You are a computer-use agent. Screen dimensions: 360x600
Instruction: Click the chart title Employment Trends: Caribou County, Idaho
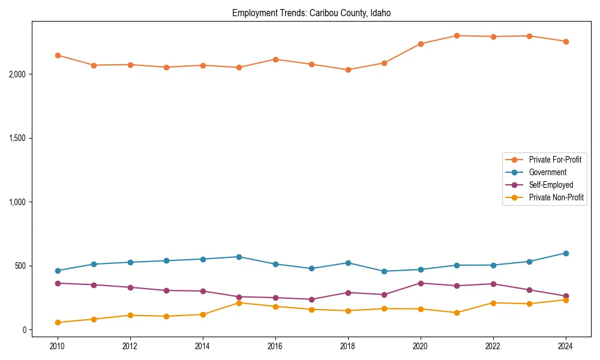click(x=311, y=13)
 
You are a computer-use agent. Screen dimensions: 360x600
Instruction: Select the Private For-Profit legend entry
click(x=555, y=160)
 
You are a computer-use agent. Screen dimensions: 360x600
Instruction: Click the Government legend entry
click(x=547, y=172)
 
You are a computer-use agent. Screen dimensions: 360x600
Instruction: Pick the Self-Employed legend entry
click(x=551, y=185)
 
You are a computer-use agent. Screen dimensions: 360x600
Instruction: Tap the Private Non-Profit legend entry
click(x=556, y=197)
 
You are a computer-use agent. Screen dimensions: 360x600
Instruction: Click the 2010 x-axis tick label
click(x=58, y=346)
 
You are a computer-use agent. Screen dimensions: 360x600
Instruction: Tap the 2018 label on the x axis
click(x=348, y=346)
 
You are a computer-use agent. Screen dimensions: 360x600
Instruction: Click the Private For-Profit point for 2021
click(x=457, y=35)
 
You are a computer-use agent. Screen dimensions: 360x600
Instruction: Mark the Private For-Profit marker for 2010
click(x=58, y=55)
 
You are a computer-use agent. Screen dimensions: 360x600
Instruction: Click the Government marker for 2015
click(x=239, y=257)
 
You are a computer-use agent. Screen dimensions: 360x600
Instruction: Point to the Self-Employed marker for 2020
click(x=421, y=283)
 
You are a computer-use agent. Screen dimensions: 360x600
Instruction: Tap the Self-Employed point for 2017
click(x=311, y=299)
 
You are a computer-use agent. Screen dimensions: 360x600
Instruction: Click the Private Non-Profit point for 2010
click(x=58, y=322)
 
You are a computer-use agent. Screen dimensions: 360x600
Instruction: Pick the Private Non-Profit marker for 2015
click(x=239, y=303)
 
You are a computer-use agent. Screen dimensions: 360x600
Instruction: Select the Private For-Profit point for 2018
click(x=348, y=70)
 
